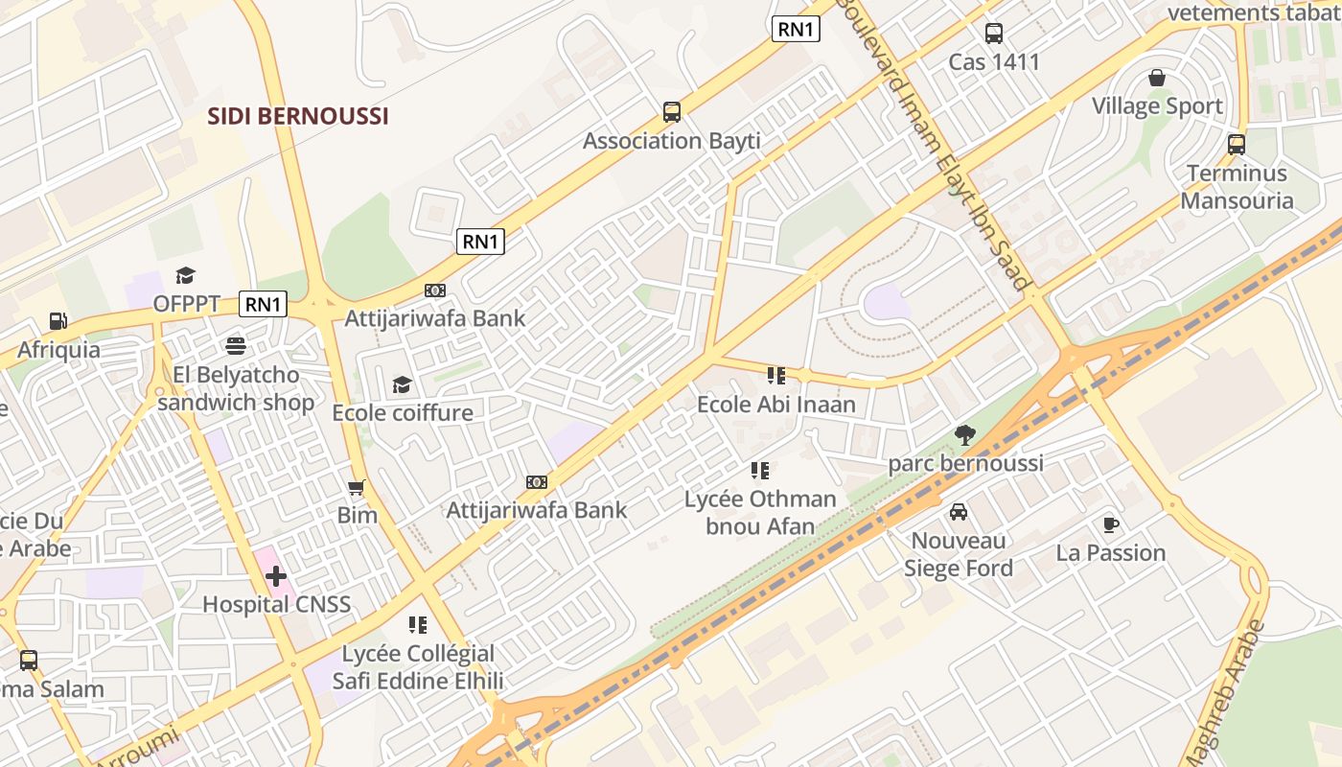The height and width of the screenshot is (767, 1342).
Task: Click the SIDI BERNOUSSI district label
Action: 299,117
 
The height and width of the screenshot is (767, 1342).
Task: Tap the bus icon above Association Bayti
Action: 672,112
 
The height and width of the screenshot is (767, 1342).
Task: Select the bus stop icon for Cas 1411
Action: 994,34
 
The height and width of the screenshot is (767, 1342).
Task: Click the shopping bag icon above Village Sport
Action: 1157,78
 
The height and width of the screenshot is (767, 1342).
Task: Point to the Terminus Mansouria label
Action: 1237,187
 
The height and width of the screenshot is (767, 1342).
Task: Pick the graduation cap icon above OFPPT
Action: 186,276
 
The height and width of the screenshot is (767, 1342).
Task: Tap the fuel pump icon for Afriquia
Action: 58,321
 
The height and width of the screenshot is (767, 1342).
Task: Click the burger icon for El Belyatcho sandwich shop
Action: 236,346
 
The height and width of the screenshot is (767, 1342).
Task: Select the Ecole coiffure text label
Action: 403,413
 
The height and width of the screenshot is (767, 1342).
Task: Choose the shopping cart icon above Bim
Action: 357,488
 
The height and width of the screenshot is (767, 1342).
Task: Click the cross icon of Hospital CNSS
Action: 276,576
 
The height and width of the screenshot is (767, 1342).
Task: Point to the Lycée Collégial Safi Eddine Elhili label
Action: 418,667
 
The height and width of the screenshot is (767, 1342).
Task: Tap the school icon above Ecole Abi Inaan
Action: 775,376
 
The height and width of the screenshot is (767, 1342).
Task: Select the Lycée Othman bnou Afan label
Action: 760,512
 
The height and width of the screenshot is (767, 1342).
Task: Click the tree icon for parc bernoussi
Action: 965,435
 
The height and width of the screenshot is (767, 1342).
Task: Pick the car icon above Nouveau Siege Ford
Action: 959,512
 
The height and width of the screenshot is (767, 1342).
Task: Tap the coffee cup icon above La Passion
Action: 1110,524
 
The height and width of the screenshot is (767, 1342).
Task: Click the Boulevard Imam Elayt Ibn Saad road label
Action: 935,144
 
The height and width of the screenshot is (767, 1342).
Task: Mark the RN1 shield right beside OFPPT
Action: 263,305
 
